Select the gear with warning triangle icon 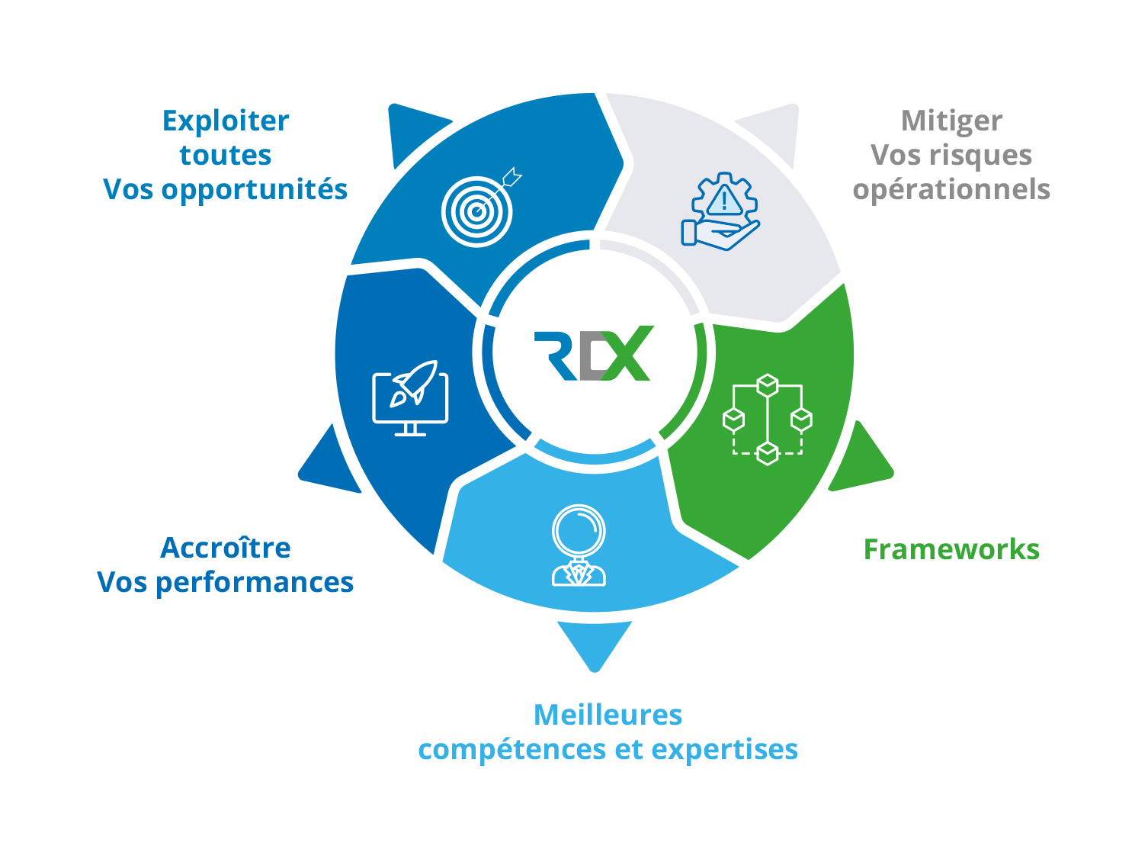click(721, 211)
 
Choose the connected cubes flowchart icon click(767, 419)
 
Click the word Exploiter click(226, 121)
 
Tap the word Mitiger click(951, 121)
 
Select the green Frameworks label click(951, 550)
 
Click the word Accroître click(226, 548)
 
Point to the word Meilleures click(608, 716)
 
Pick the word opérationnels click(951, 190)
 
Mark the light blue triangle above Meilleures click(595, 642)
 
